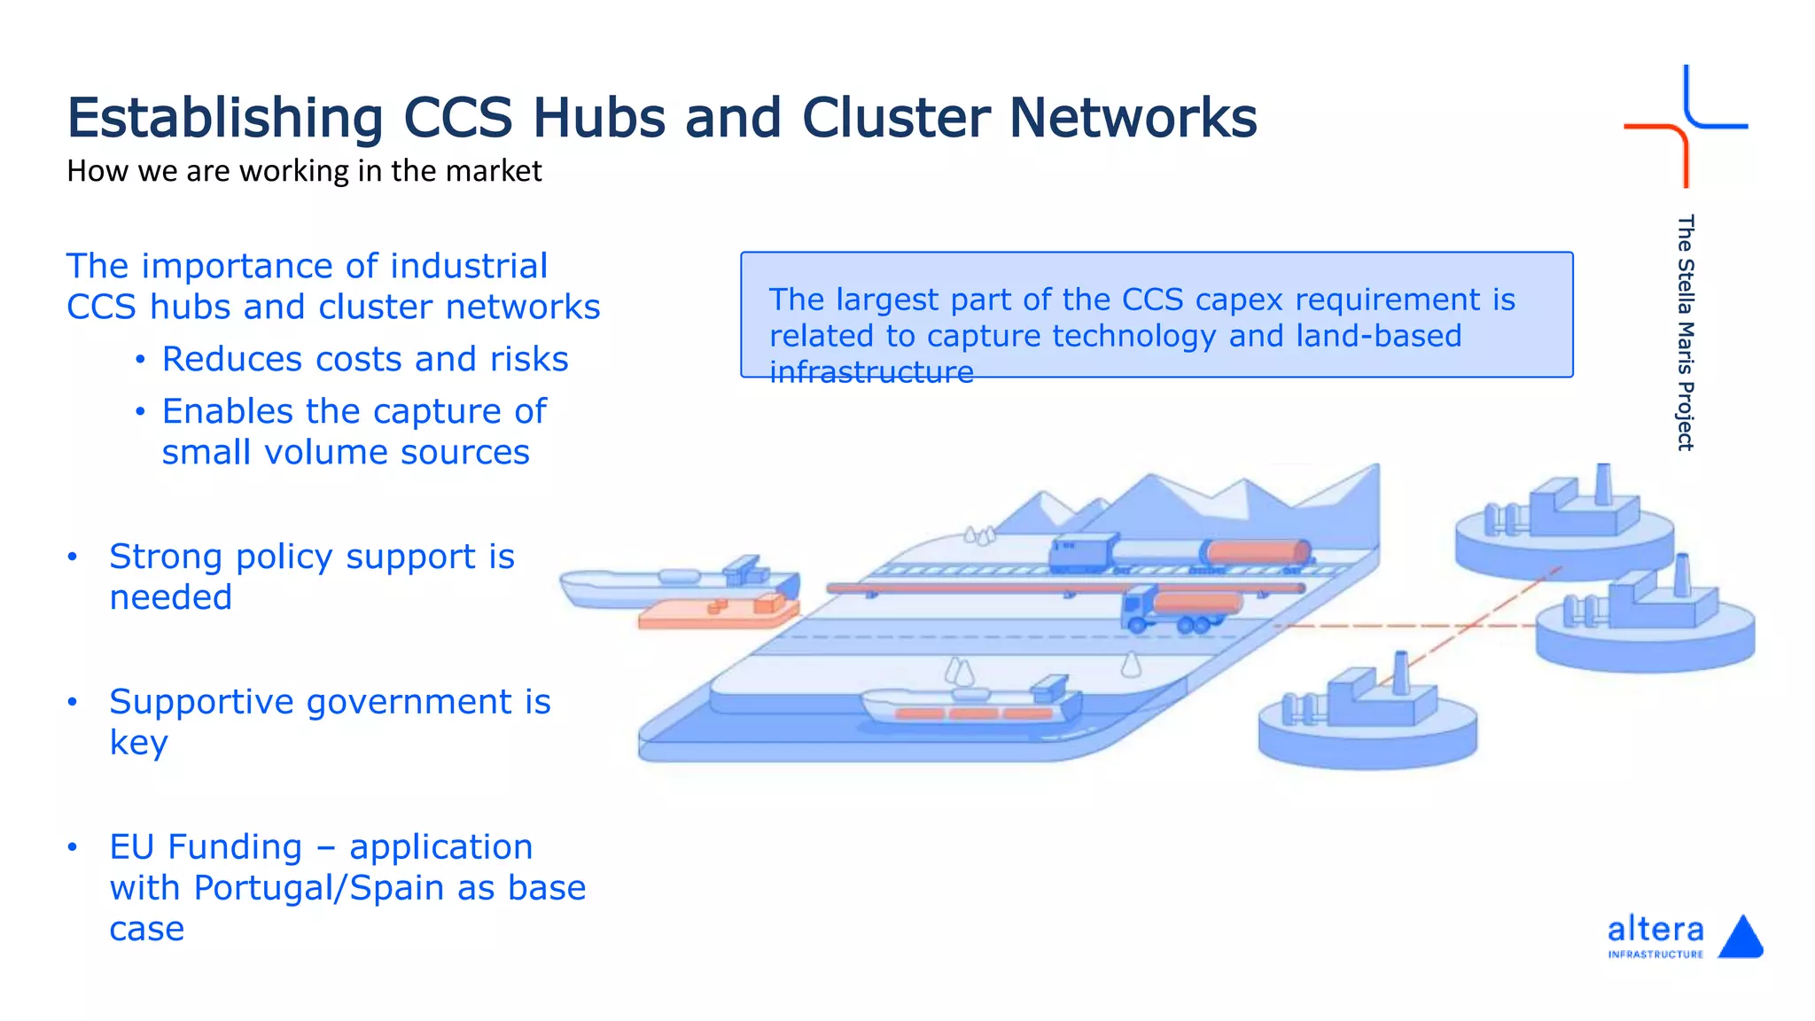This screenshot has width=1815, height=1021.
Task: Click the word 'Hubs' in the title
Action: pos(599,118)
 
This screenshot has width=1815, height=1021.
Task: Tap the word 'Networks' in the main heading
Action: pos(1133,118)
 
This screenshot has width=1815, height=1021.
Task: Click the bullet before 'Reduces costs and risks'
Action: pos(140,361)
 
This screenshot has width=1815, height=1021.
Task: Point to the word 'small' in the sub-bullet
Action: pos(207,452)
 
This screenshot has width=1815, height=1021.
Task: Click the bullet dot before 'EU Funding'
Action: pos(73,848)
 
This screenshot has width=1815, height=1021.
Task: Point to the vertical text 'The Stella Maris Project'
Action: pos(1686,332)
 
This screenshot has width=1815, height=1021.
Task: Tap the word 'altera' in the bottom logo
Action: pos(1655,930)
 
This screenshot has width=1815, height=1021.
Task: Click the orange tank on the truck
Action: pos(1198,604)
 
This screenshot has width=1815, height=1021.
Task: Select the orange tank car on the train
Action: pos(1258,552)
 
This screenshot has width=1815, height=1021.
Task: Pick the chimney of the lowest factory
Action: pos(1401,673)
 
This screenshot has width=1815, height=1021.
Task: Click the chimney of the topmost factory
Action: pos(1603,483)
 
